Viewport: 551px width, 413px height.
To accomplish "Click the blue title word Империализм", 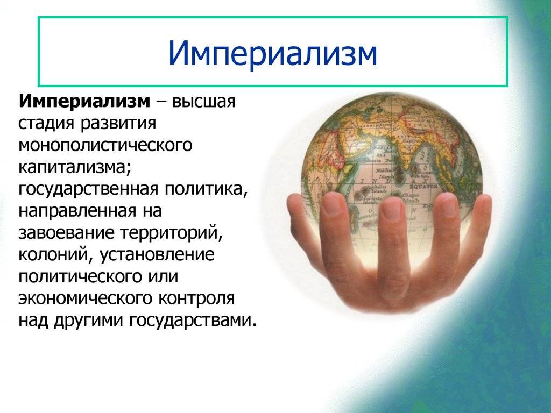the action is tap(273, 53).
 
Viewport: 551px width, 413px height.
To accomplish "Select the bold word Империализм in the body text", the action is tap(84, 102).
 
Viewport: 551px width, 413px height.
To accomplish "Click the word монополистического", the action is tap(105, 145).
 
